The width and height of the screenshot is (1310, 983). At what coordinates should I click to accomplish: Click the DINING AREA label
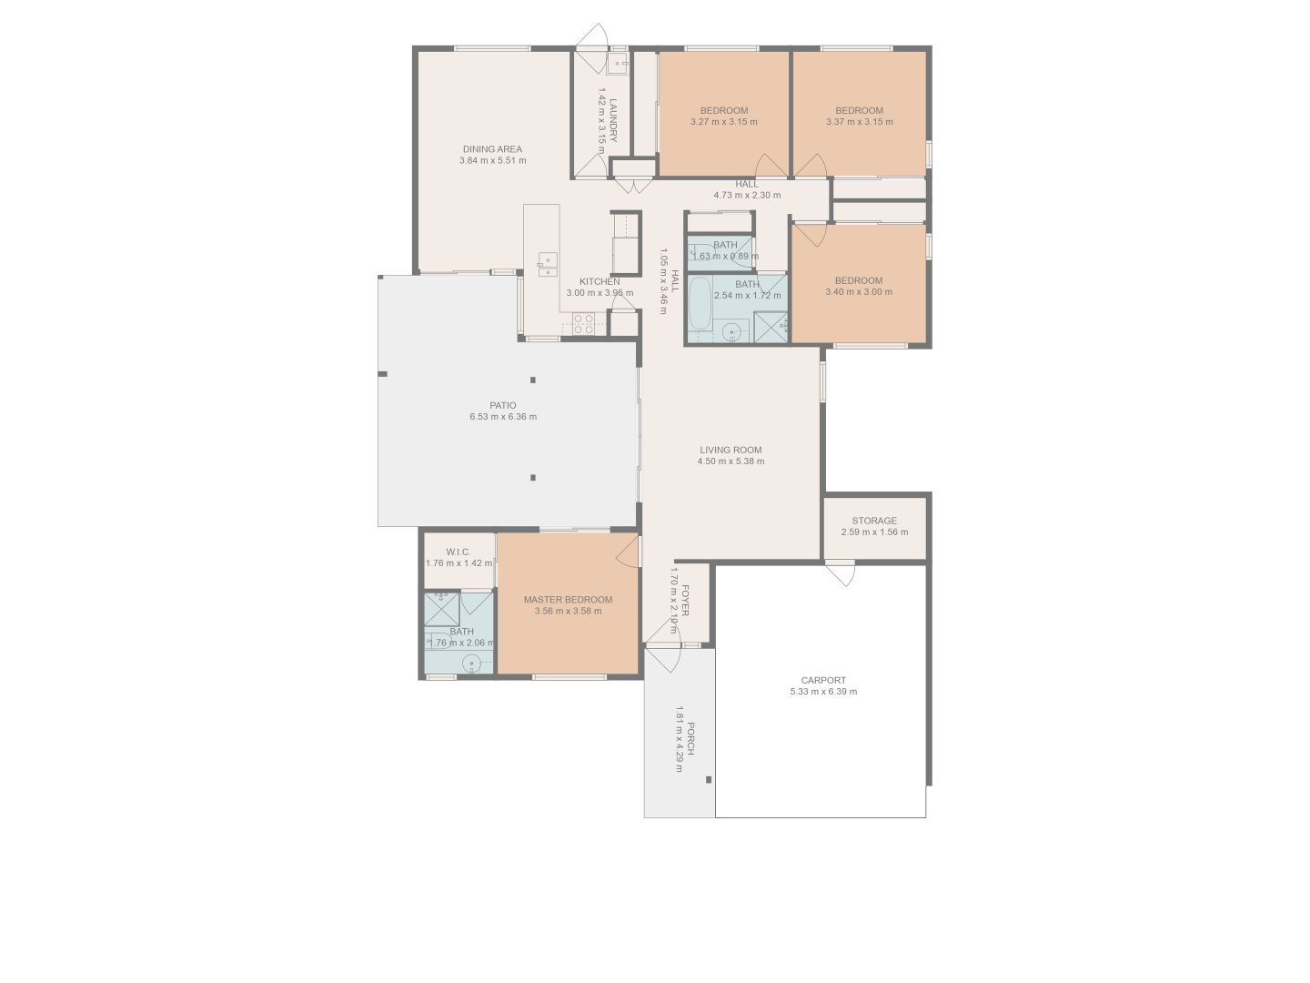click(492, 149)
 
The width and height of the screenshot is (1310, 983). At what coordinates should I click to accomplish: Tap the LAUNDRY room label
click(613, 120)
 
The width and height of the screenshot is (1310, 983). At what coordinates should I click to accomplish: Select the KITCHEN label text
click(600, 282)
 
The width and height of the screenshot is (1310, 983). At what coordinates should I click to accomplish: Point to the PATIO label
click(502, 405)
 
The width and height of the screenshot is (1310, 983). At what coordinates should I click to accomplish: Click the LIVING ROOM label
click(731, 450)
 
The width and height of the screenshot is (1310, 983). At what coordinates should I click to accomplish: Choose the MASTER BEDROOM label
click(569, 600)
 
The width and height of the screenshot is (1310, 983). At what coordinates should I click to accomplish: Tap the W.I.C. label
click(458, 552)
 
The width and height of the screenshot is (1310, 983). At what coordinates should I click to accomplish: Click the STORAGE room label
click(874, 521)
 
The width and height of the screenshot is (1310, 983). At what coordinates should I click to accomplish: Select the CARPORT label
click(823, 680)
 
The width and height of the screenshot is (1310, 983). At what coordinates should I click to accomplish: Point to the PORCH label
click(690, 739)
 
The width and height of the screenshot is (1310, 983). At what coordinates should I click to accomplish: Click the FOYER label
click(685, 601)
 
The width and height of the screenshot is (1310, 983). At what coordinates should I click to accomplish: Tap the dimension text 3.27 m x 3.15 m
click(724, 122)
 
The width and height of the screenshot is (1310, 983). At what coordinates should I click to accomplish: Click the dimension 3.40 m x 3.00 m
click(859, 292)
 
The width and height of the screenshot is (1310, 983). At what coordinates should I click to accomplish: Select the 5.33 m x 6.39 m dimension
click(823, 691)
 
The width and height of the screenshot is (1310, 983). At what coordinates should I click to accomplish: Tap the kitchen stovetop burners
click(583, 323)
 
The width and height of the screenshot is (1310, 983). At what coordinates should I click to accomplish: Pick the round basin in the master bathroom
click(472, 664)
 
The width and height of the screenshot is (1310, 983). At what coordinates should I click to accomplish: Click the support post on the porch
click(709, 779)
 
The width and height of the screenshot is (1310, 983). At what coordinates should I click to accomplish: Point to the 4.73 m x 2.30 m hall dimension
click(747, 195)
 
